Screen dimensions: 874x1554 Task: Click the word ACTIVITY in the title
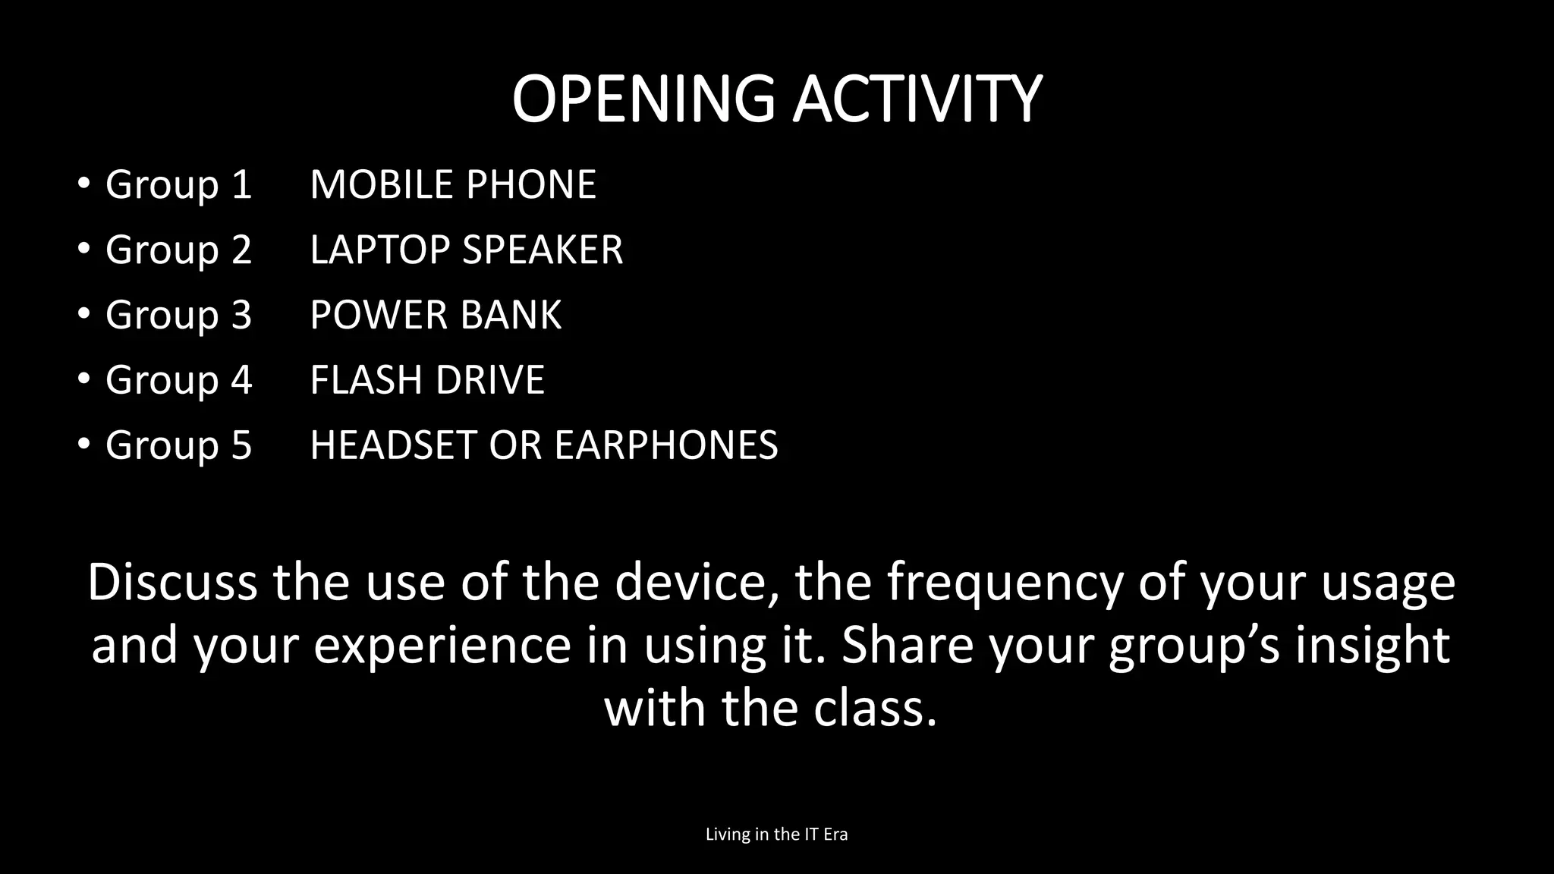point(917,99)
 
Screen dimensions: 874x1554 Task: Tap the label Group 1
point(178,184)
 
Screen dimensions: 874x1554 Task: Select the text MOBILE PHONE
point(453,184)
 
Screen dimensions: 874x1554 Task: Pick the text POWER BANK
point(436,315)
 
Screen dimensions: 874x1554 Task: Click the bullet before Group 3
point(83,313)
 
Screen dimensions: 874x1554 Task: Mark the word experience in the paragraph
point(442,646)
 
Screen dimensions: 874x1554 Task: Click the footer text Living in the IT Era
point(776,835)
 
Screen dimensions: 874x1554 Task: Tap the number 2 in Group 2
point(241,250)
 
